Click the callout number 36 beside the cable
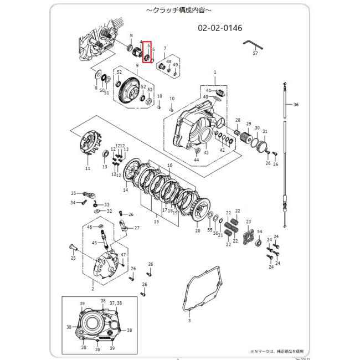pyautogui.click(x=296, y=105)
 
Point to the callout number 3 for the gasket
pyautogui.click(x=189, y=320)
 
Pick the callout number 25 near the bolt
pyautogui.click(x=73, y=258)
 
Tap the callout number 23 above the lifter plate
pyautogui.click(x=249, y=222)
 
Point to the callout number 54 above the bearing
pyautogui.click(x=260, y=232)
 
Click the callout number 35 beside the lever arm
pyautogui.click(x=73, y=193)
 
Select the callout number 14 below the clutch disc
pyautogui.click(x=125, y=190)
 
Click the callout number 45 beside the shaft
pyautogui.click(x=94, y=242)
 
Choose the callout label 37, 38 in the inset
pyautogui.click(x=116, y=303)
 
